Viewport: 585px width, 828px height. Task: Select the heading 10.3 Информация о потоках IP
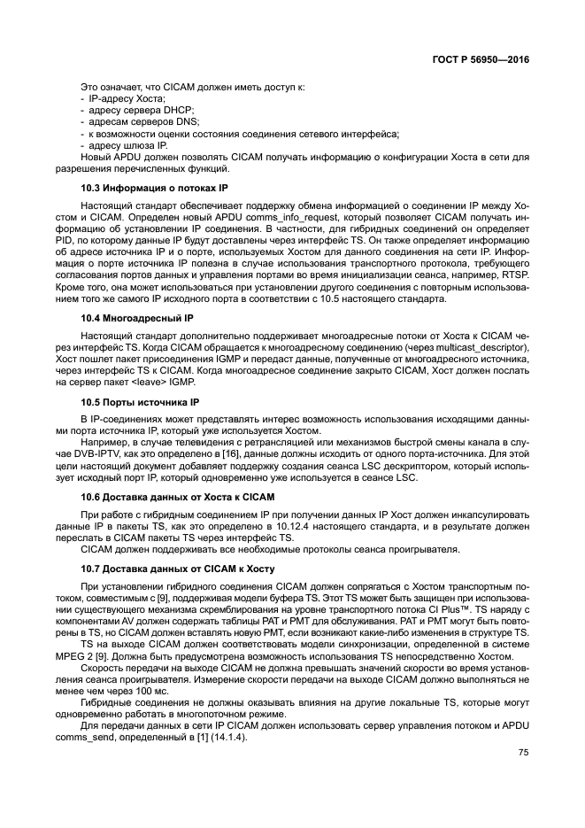point(154,188)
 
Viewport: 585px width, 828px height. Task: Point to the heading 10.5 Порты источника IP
point(140,401)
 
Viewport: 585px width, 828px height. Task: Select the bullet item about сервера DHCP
point(131,111)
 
